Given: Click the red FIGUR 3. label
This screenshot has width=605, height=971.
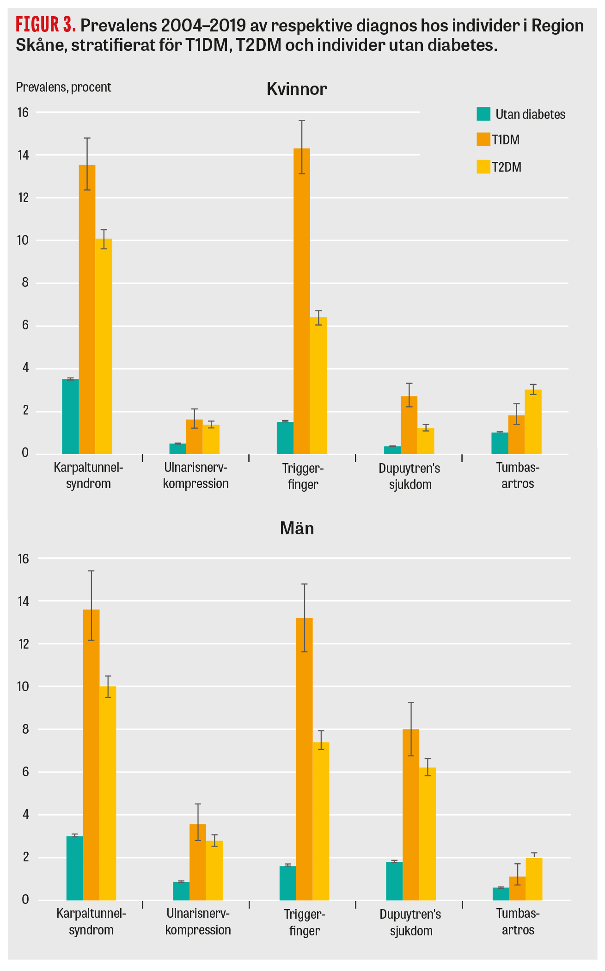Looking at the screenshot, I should [45, 25].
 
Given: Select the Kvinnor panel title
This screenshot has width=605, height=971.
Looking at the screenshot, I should [297, 89].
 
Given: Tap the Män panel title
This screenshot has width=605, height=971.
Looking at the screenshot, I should [297, 528].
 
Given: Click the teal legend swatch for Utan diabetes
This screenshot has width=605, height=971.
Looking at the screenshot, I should [483, 114].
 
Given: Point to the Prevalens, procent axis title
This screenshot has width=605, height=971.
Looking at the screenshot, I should [63, 87].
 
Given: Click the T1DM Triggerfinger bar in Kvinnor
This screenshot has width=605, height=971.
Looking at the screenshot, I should [301, 301].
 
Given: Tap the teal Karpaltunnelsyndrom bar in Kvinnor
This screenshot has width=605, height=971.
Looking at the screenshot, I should [70, 416].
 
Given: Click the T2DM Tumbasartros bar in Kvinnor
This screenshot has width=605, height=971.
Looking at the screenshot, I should [533, 422].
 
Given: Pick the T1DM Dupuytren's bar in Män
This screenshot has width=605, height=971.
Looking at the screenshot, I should [411, 814].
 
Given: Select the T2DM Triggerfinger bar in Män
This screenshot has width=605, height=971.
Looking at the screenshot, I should [321, 821].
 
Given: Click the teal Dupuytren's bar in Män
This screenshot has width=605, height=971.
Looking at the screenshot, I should [394, 881].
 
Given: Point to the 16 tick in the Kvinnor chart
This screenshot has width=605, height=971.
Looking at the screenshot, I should [23, 112].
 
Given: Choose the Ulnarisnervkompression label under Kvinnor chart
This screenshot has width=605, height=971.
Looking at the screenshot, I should [196, 476].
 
